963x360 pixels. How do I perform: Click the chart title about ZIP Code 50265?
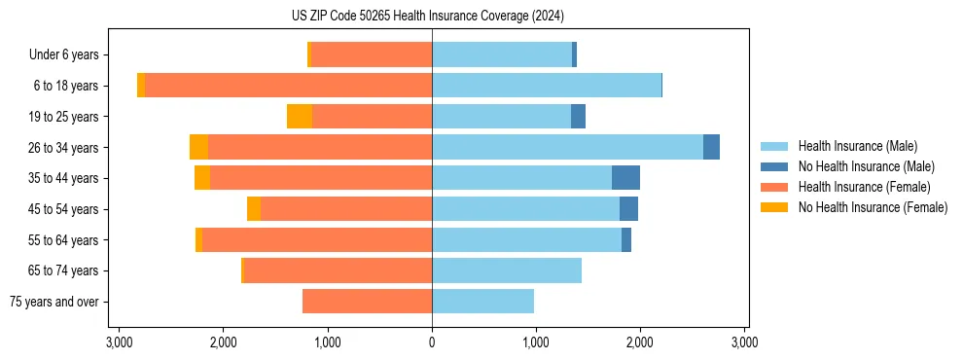pos(433,17)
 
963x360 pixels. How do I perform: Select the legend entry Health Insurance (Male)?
pos(857,146)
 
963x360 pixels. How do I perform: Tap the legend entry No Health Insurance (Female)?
pos(873,207)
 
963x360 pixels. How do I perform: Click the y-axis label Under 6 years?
pos(63,55)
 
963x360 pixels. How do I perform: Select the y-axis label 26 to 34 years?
pos(65,148)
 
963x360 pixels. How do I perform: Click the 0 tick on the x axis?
pos(432,342)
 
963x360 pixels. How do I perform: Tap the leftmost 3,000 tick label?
pos(119,342)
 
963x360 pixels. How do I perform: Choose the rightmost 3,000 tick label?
pos(744,342)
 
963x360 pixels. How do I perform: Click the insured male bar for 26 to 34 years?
pos(567,147)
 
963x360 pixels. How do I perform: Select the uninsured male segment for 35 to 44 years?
pos(625,178)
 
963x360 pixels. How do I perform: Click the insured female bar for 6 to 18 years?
pos(288,86)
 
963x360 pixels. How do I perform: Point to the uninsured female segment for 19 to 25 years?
pos(300,117)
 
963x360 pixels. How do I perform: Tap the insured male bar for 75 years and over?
pos(482,302)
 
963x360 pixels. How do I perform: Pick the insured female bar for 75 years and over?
pos(368,302)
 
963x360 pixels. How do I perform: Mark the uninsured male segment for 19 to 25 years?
pos(578,117)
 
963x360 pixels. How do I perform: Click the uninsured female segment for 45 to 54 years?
pos(254,209)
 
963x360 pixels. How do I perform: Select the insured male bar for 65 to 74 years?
pos(507,270)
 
